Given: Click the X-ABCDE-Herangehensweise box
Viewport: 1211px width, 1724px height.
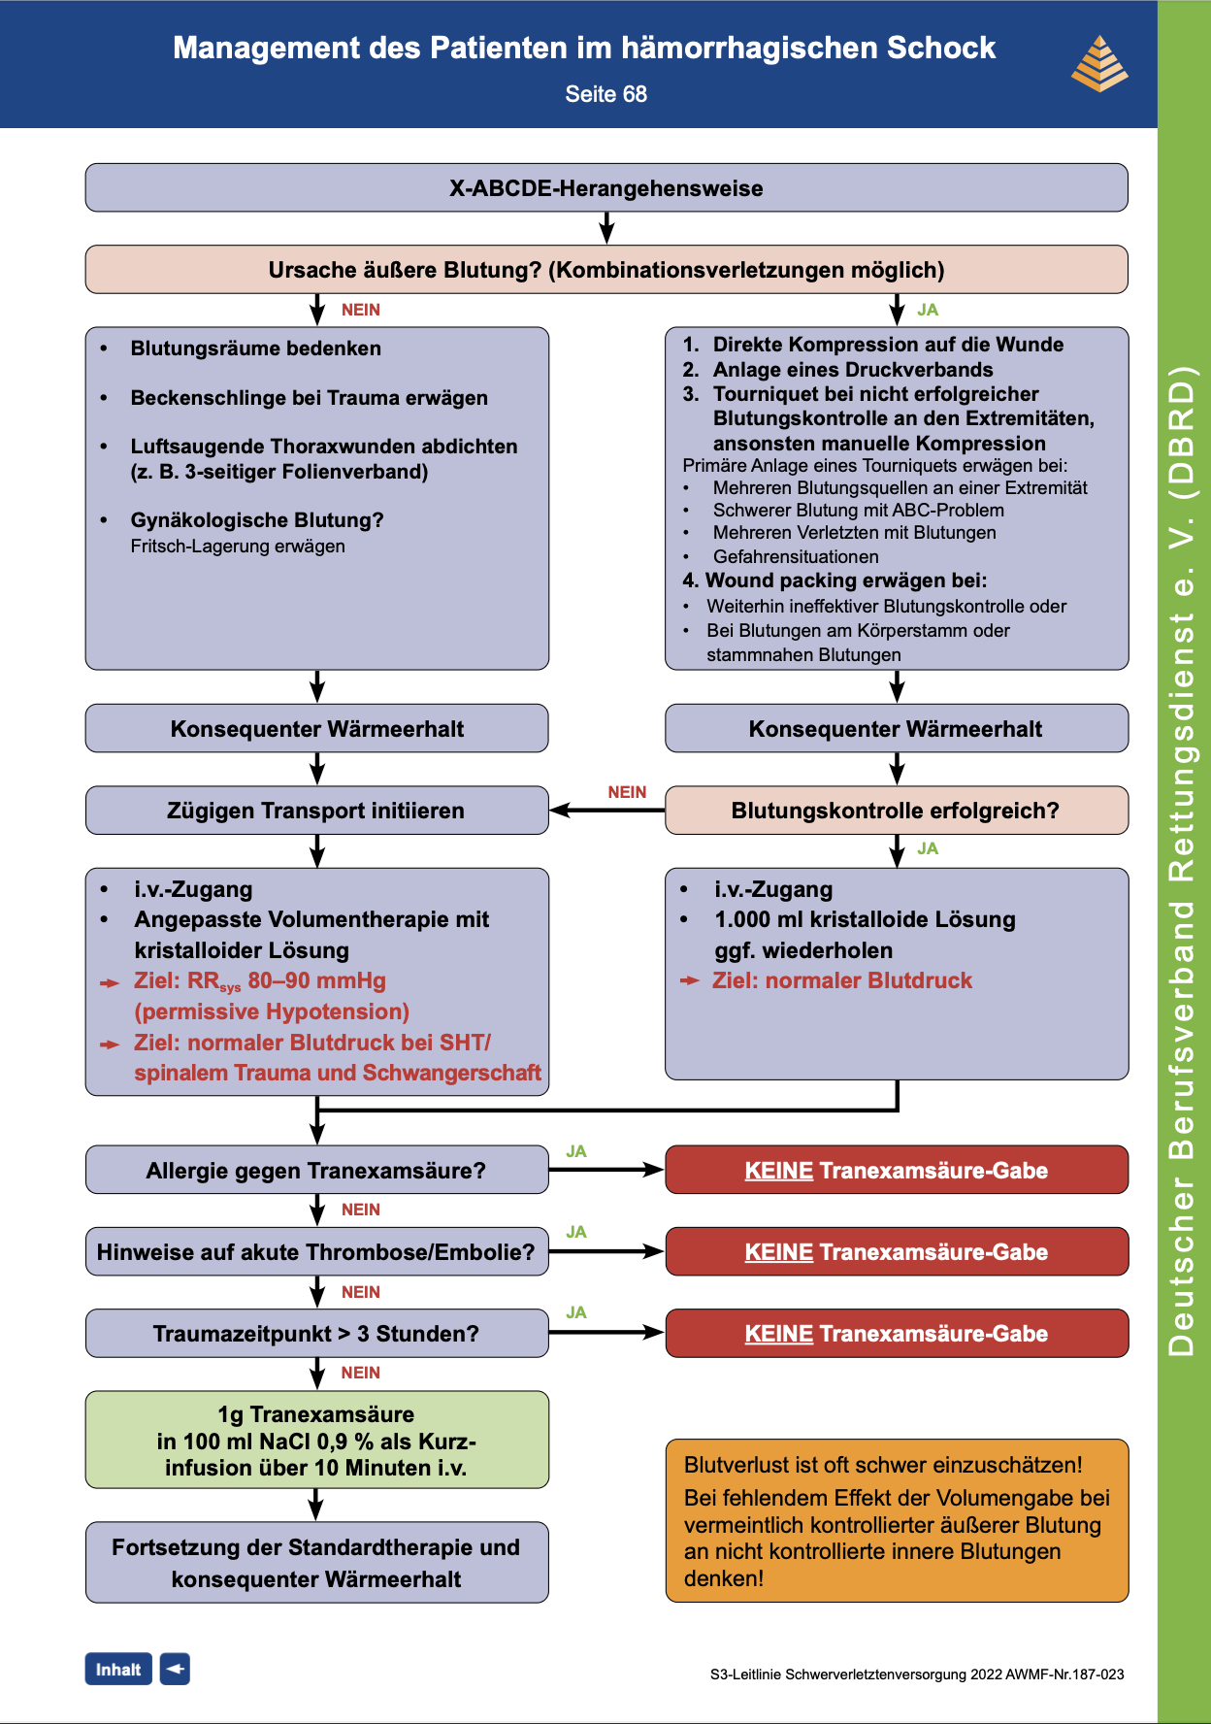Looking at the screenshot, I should coord(605,187).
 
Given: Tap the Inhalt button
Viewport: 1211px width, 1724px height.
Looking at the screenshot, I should coord(118,1669).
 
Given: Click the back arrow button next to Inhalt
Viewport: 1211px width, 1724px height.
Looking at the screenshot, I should coord(175,1669).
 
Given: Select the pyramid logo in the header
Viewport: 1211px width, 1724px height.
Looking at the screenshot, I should coord(1098,64).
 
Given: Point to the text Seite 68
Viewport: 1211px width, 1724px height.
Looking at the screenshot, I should coord(605,94).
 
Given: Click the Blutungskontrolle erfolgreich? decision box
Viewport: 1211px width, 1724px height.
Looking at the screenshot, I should coord(896,811).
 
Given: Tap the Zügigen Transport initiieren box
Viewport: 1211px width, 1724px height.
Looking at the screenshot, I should coord(316,811).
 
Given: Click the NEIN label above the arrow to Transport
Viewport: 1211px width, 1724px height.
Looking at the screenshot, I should coord(627,792).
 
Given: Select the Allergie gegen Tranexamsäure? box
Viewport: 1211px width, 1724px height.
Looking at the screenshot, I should coord(316,1170).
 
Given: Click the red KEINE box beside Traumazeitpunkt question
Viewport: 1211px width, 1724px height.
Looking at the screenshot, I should coord(896,1333).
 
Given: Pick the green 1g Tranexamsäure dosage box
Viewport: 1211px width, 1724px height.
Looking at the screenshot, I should coord(316,1440).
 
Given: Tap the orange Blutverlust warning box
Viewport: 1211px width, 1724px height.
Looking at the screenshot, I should coord(896,1520).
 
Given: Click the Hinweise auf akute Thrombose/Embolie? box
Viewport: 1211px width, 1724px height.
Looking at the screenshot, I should coord(316,1251).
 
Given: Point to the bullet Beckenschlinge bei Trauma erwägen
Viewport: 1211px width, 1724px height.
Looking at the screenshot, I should coord(309,398).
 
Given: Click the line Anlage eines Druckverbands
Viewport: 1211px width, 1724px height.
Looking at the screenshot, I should coord(852,370).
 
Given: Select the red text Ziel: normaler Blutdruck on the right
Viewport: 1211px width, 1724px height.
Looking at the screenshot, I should coord(841,980).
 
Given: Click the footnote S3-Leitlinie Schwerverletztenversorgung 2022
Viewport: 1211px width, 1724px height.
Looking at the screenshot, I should coord(916,1674).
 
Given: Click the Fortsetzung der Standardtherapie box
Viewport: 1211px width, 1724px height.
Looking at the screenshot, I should coord(316,1562).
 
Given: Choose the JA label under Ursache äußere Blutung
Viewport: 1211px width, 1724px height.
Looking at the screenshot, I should coord(928,310).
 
